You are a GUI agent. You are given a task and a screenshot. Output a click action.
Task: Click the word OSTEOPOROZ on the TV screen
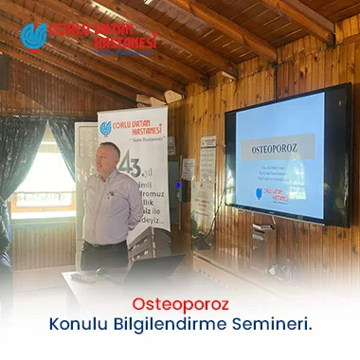pos(276,149)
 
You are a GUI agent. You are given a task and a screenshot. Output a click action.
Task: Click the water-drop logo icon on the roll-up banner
pos(105,127)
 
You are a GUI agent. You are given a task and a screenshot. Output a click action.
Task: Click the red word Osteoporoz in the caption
pos(179,305)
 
